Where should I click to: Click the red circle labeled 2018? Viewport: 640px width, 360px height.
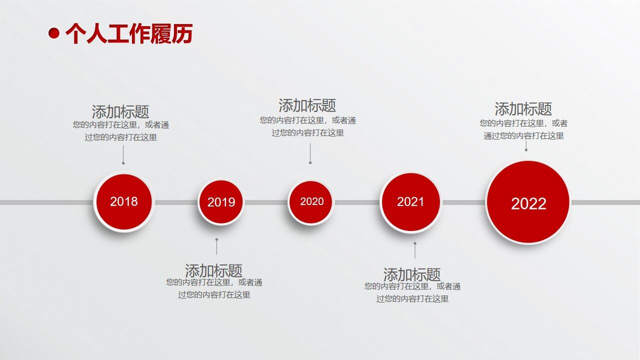click(x=123, y=201)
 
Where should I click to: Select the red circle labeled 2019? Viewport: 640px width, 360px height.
click(x=220, y=202)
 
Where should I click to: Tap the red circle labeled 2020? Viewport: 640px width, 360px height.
click(x=311, y=201)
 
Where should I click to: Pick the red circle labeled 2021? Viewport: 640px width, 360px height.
click(x=410, y=201)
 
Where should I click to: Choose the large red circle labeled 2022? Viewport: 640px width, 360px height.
click(x=528, y=202)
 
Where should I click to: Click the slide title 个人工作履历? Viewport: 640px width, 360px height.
click(x=128, y=33)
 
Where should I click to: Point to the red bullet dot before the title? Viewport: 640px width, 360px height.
click(x=54, y=33)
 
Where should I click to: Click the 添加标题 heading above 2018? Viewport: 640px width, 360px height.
click(x=120, y=111)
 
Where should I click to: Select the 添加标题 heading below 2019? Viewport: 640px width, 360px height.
click(x=213, y=270)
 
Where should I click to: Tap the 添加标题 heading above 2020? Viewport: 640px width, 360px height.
click(x=307, y=105)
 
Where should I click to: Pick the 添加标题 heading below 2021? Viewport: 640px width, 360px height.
click(x=412, y=274)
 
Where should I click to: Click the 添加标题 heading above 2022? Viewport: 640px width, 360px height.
click(x=523, y=108)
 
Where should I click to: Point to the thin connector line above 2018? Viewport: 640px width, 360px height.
click(x=123, y=155)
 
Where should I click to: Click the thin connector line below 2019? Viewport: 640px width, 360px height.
click(x=216, y=246)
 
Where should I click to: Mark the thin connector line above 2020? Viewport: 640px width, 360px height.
click(x=310, y=153)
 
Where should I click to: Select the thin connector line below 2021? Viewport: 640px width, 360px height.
click(x=414, y=250)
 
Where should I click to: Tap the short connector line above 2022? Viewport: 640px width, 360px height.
click(x=526, y=145)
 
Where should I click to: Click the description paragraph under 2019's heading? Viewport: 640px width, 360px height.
click(x=214, y=288)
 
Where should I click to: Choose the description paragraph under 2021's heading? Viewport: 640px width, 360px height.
click(x=412, y=292)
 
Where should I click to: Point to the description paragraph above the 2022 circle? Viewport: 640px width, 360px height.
click(x=523, y=129)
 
